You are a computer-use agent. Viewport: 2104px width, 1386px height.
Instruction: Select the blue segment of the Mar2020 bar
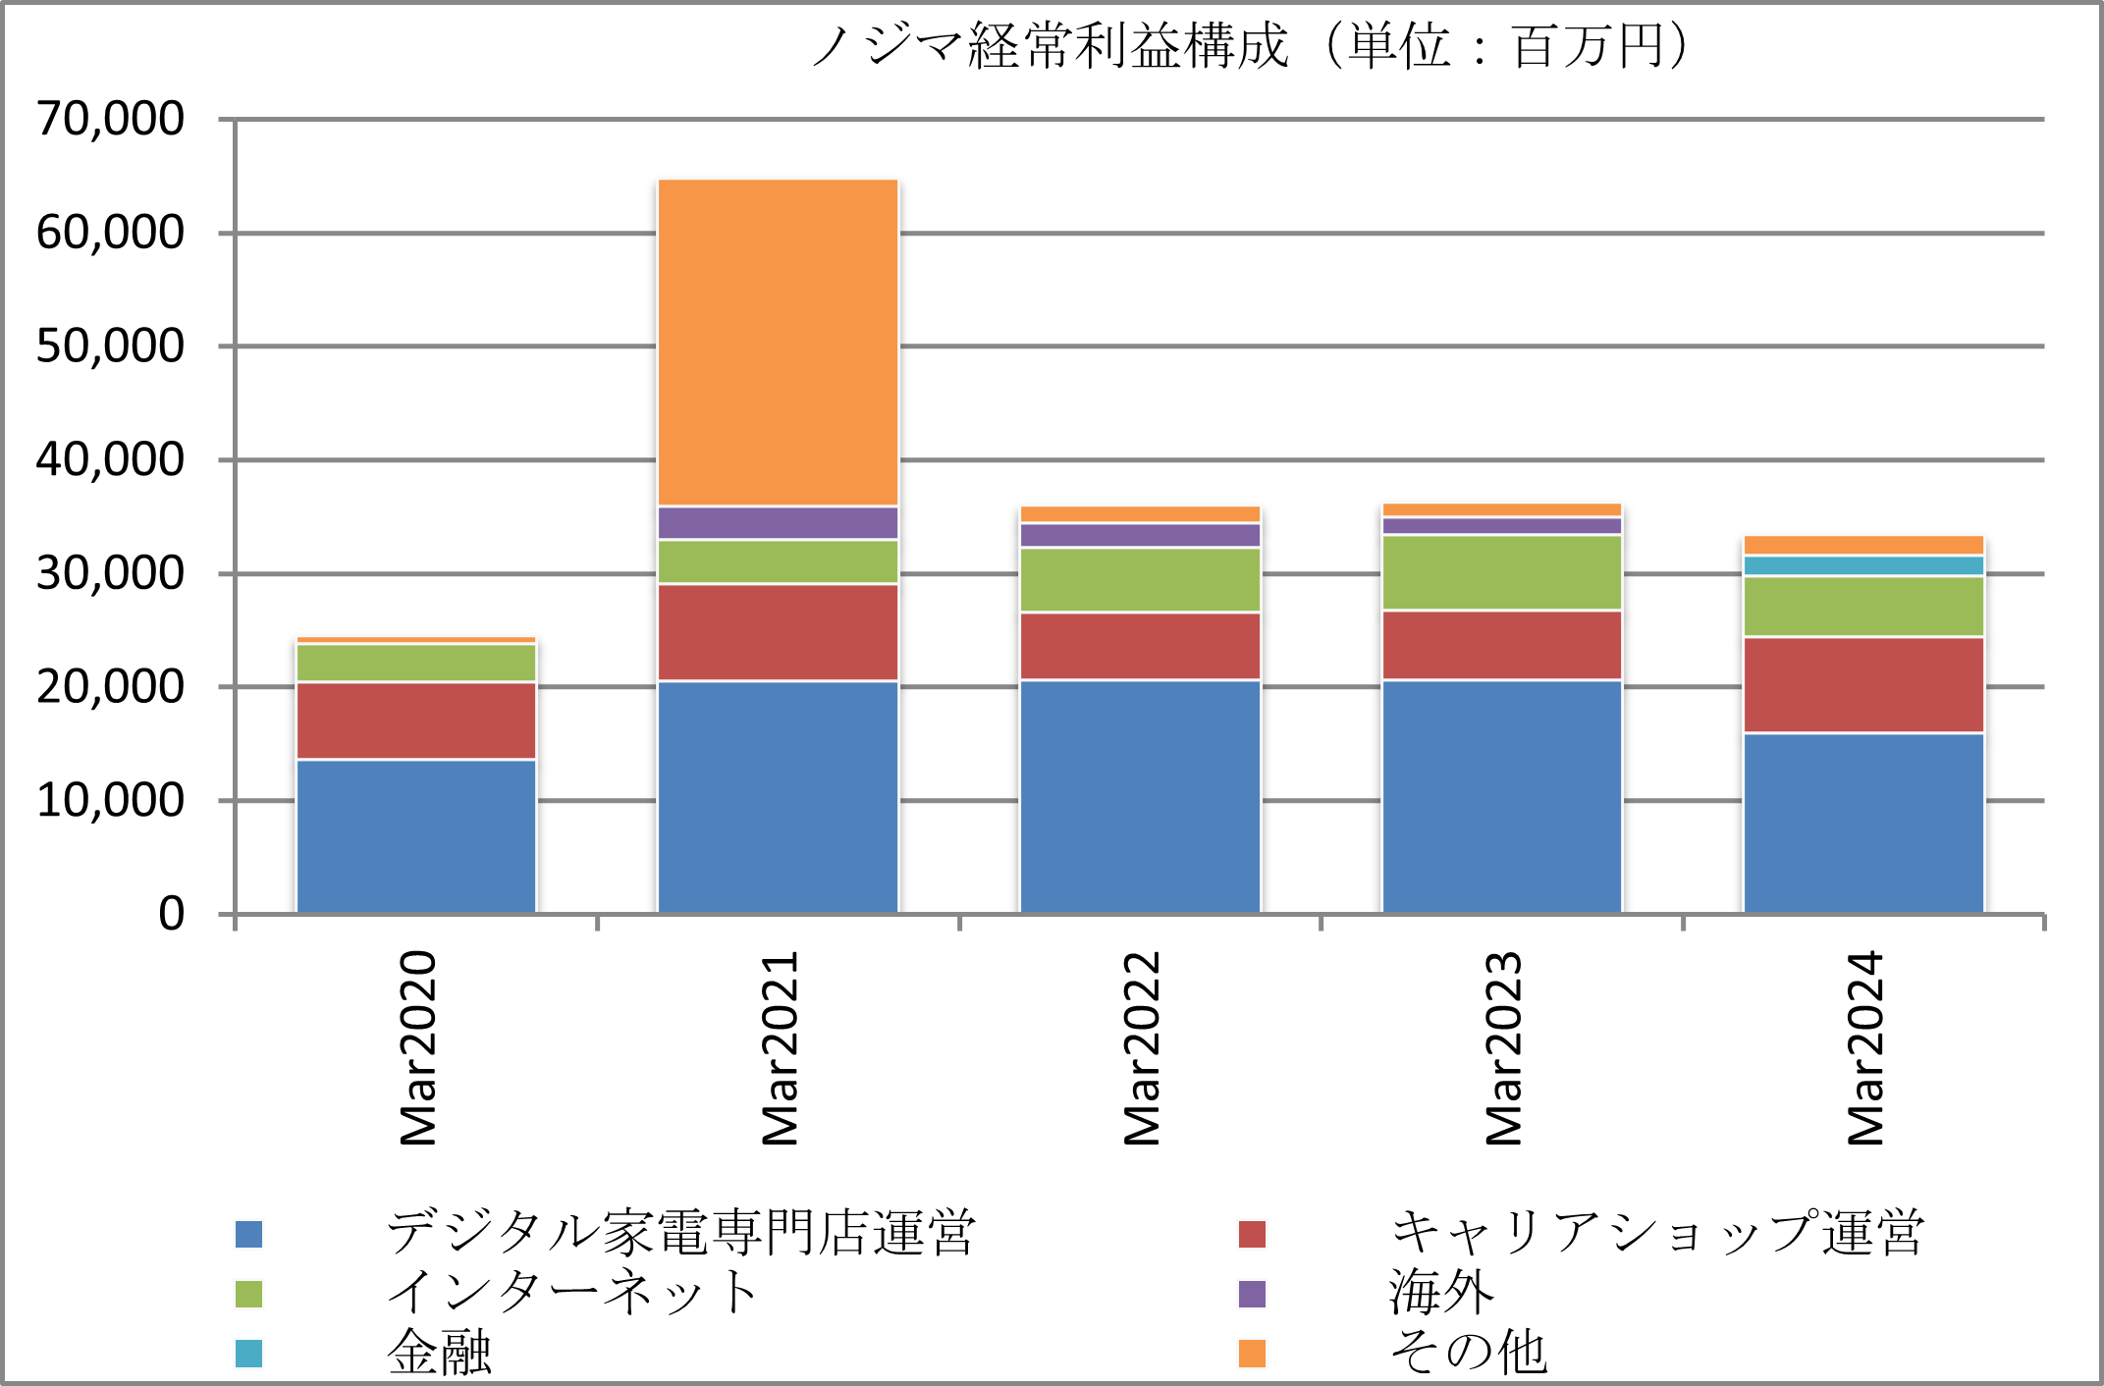(416, 836)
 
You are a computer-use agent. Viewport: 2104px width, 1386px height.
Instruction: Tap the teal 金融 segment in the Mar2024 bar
(1863, 565)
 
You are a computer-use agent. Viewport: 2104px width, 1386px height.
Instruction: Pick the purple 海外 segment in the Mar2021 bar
(778, 522)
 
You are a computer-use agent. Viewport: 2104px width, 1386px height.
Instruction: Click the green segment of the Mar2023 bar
(1502, 572)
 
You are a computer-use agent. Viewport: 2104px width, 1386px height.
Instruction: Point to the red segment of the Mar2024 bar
(1863, 684)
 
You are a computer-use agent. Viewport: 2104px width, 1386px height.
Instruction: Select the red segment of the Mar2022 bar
(1140, 645)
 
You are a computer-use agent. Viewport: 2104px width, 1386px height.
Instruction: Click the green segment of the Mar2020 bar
(416, 663)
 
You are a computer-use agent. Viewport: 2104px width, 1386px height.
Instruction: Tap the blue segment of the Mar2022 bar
(1140, 796)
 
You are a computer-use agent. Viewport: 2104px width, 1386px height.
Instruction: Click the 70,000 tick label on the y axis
(110, 119)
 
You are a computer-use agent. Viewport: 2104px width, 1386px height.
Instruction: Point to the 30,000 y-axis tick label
(110, 573)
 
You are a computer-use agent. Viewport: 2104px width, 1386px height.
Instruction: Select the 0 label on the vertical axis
(171, 914)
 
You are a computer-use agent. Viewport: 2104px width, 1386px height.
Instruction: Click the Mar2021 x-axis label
(781, 1047)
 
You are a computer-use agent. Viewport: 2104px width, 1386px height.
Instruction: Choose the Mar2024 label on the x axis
(1865, 1047)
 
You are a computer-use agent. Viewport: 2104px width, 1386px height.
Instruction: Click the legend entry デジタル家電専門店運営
(679, 1233)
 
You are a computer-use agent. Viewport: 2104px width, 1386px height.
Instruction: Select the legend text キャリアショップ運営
(1657, 1233)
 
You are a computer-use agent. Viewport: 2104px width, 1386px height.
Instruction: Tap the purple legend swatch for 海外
(1252, 1294)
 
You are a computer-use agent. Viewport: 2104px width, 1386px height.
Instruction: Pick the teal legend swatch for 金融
(248, 1354)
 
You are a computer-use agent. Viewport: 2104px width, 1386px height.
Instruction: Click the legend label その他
(1469, 1353)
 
